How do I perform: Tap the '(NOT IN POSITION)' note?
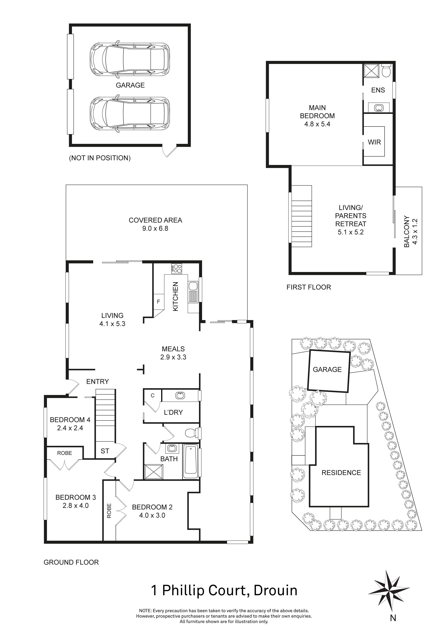[x=100, y=158]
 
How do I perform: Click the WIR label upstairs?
[x=374, y=142]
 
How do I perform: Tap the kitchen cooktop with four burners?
[x=177, y=269]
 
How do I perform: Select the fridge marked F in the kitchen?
[x=158, y=301]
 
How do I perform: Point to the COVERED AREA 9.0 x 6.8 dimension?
[x=155, y=229]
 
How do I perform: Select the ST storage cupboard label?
[x=105, y=451]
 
